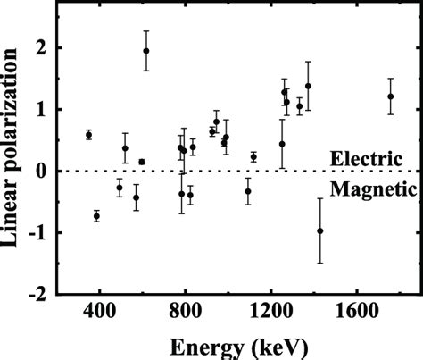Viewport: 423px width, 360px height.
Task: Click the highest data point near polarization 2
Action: click(x=146, y=51)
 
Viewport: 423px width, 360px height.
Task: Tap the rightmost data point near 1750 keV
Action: click(x=390, y=96)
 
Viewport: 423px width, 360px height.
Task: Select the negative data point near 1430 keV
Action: click(x=320, y=230)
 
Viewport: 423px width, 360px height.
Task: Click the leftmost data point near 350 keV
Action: click(x=88, y=135)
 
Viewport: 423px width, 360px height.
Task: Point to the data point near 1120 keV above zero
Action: click(x=253, y=157)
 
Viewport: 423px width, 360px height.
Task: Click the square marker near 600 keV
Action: click(x=142, y=162)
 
